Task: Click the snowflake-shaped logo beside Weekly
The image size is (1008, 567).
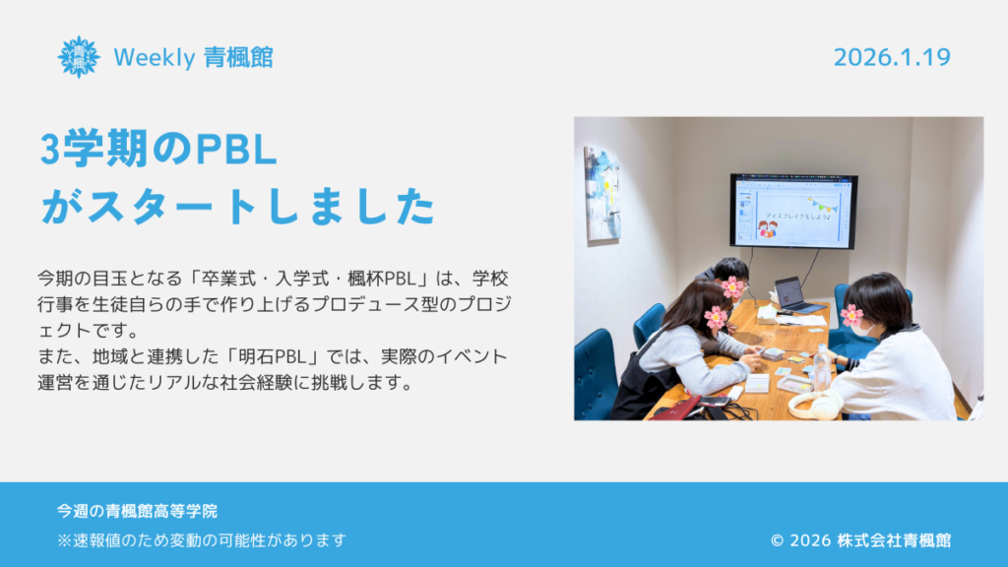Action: point(79,56)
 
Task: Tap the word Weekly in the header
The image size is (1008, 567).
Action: point(155,57)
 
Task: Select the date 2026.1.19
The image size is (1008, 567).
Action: point(892,57)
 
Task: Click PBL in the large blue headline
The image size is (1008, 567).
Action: point(235,150)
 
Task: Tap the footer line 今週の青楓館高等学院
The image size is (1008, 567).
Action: point(137,511)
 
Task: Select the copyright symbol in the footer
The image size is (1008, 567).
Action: point(778,540)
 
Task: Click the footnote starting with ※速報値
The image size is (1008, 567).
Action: point(202,540)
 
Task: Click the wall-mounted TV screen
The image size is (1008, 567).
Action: point(793,211)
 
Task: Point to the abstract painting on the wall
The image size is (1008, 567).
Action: point(601,194)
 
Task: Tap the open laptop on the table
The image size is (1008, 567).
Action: point(797,295)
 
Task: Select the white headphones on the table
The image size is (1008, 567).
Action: point(814,405)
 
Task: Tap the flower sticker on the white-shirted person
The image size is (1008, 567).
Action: point(851,315)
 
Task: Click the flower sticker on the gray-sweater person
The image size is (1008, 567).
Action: point(715,317)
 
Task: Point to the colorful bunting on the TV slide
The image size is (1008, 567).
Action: point(823,205)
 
